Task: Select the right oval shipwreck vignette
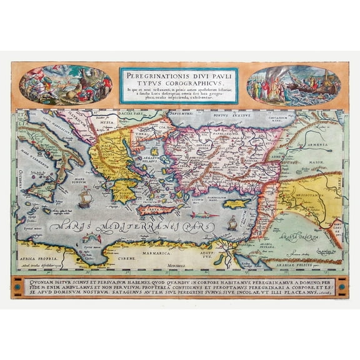point(293,86)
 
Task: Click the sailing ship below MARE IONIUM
point(85,199)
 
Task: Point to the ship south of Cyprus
point(232,222)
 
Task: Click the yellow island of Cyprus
point(236,204)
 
